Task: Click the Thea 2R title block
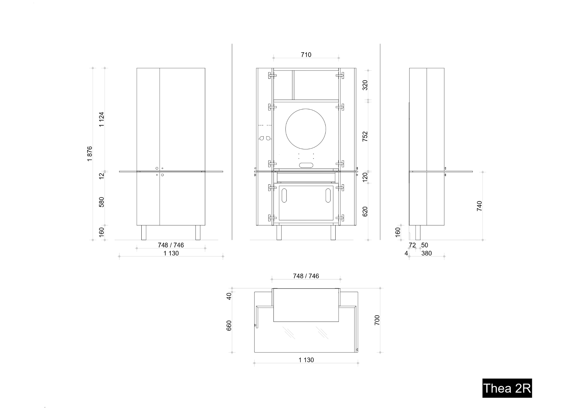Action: click(507, 388)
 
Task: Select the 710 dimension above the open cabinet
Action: click(306, 55)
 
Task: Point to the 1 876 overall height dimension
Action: click(90, 154)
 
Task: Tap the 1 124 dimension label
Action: click(102, 119)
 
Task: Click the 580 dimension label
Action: click(102, 202)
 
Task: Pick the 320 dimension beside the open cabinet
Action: click(365, 85)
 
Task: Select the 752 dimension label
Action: click(365, 136)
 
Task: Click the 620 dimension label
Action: click(365, 212)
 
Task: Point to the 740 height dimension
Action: click(480, 206)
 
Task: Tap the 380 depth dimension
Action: click(427, 253)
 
